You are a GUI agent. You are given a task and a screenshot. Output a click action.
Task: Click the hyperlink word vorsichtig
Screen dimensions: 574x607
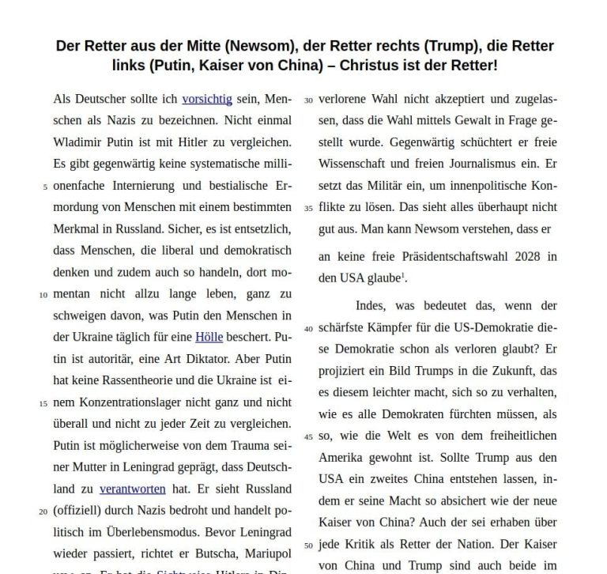tap(206, 100)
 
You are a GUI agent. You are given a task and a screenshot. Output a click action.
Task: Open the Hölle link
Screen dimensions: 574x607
tap(209, 337)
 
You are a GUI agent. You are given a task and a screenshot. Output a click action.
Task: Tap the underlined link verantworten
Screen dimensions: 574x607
tap(133, 489)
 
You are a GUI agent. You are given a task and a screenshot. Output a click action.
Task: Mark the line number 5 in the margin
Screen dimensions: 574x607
tap(45, 187)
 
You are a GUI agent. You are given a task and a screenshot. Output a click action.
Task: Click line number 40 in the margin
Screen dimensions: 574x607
tap(309, 329)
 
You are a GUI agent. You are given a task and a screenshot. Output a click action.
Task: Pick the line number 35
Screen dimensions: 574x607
tap(309, 209)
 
